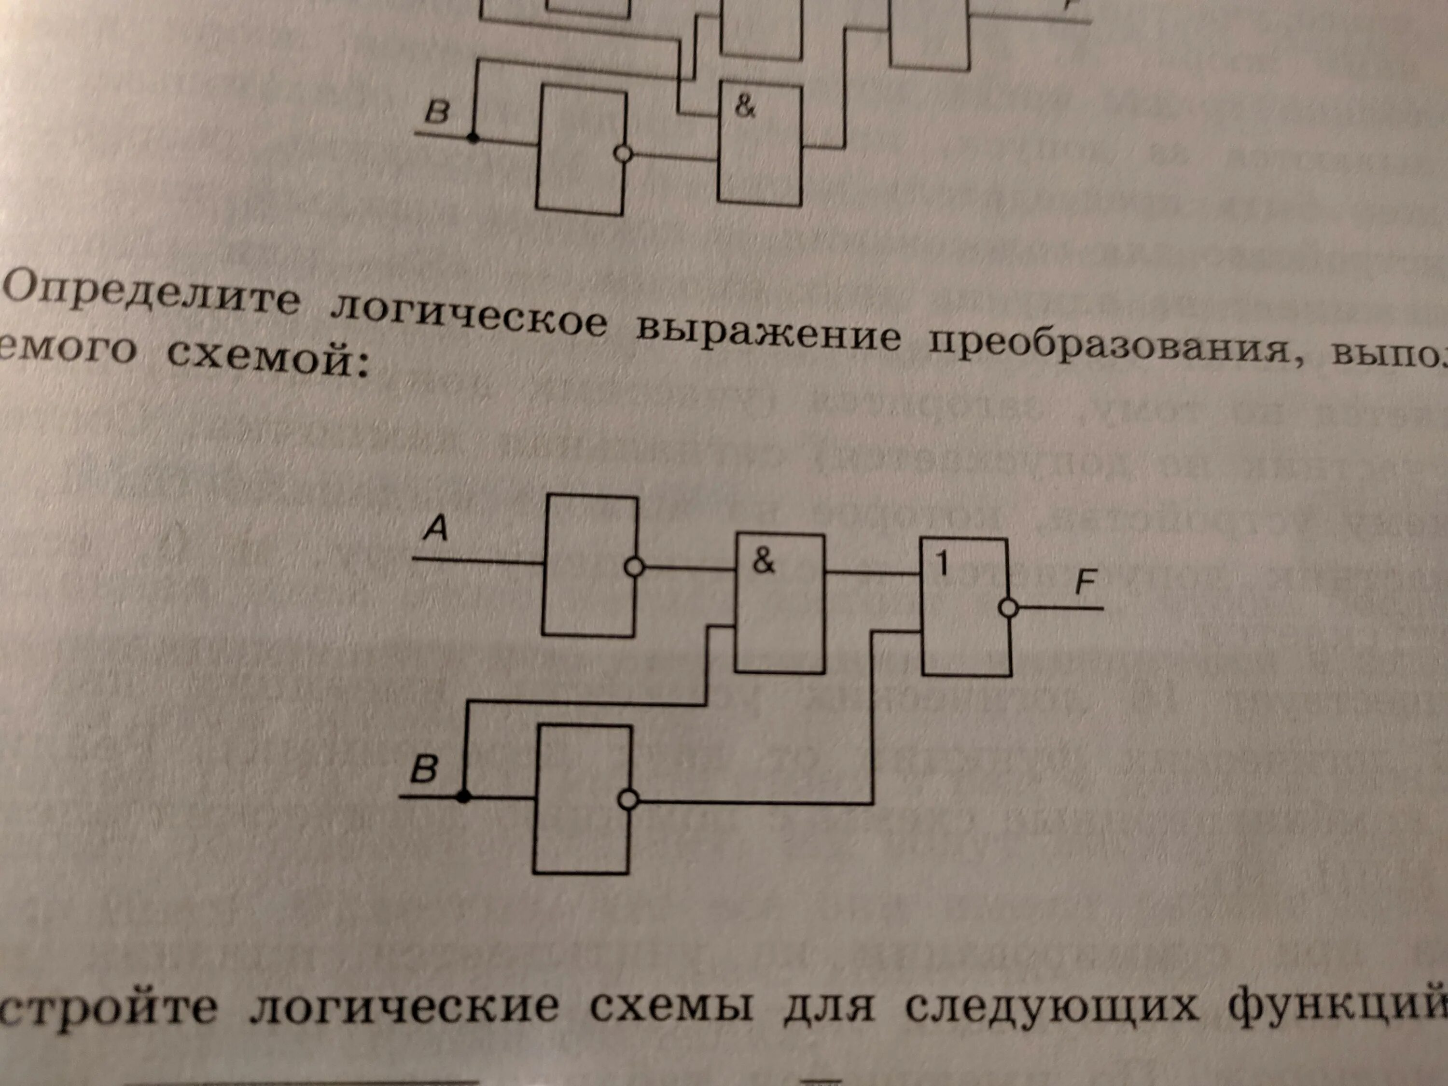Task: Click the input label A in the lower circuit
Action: [435, 528]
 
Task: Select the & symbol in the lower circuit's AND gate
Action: [763, 561]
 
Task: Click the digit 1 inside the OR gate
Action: [942, 564]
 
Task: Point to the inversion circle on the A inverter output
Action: [634, 567]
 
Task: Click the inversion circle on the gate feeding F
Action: [1009, 609]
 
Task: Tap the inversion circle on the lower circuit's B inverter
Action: [628, 799]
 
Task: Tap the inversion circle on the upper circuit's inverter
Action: [623, 154]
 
